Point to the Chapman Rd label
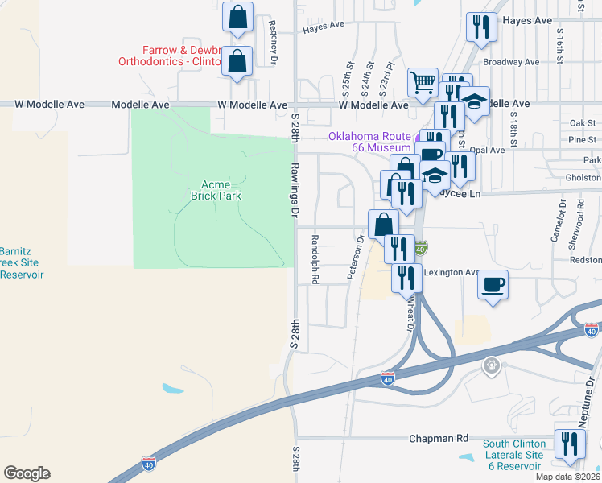[439, 438]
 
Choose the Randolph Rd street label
[315, 259]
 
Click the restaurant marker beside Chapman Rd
[570, 444]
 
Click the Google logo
[27, 473]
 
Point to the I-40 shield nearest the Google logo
[148, 463]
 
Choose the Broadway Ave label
[510, 62]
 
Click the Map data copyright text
[567, 477]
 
